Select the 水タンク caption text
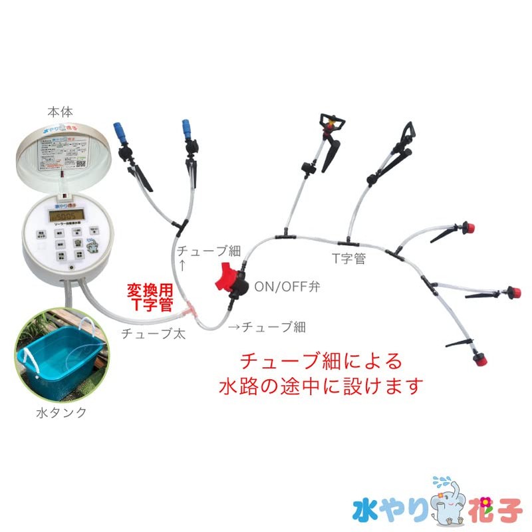[61, 413]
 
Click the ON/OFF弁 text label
[288, 287]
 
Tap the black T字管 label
[349, 258]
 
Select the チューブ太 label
[153, 334]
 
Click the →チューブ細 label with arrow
[267, 327]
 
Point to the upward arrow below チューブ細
[182, 264]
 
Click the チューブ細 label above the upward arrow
[208, 251]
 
